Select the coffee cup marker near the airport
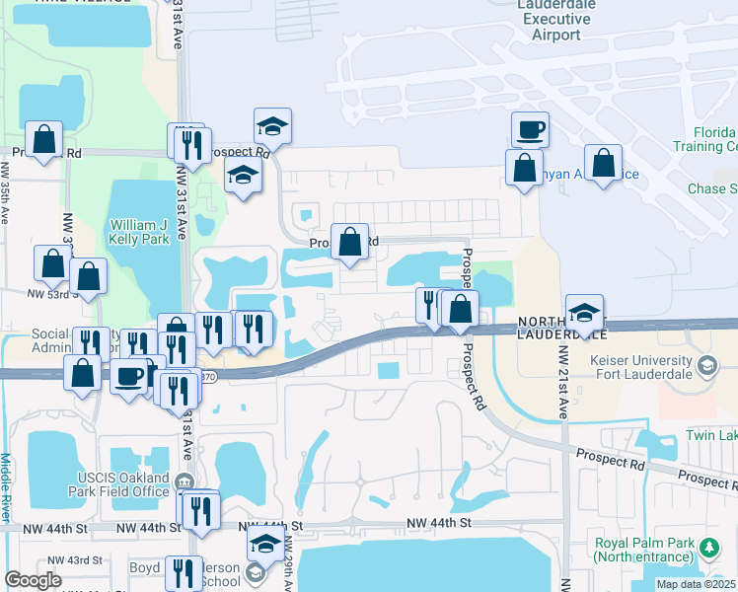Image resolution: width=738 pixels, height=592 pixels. pyautogui.click(x=530, y=129)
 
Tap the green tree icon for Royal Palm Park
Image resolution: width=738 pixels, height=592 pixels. pyautogui.click(x=707, y=547)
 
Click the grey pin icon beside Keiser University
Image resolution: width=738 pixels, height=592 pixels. pyautogui.click(x=706, y=367)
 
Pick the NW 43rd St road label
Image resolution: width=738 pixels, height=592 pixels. pyautogui.click(x=81, y=560)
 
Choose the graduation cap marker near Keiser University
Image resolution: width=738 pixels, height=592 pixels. pyautogui.click(x=584, y=313)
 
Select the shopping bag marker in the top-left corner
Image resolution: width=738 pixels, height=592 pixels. pyautogui.click(x=44, y=139)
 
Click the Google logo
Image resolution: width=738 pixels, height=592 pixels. pyautogui.click(x=33, y=580)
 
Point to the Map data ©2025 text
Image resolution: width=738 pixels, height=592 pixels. pyautogui.click(x=695, y=584)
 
